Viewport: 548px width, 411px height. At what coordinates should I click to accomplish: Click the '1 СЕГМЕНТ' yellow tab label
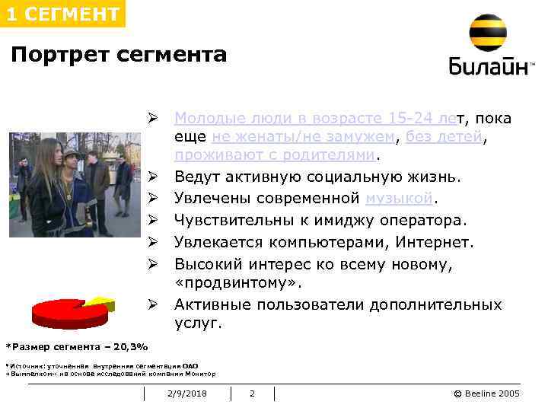[62, 14]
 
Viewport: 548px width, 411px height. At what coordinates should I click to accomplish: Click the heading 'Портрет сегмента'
[119, 55]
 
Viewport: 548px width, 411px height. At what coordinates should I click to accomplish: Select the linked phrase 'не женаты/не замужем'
[304, 137]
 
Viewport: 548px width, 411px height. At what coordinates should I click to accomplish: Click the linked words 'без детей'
[444, 137]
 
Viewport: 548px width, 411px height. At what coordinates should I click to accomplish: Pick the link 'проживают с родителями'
[276, 156]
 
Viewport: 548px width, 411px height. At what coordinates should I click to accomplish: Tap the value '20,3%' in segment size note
[129, 346]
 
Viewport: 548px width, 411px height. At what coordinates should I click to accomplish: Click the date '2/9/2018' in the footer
[187, 393]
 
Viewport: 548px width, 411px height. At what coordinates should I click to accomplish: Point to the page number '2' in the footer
[253, 393]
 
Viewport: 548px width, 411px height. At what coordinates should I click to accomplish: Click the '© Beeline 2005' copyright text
[486, 393]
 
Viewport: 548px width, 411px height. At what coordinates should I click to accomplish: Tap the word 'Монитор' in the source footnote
[200, 374]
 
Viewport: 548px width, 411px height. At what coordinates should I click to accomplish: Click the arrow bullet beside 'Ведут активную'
[152, 177]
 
